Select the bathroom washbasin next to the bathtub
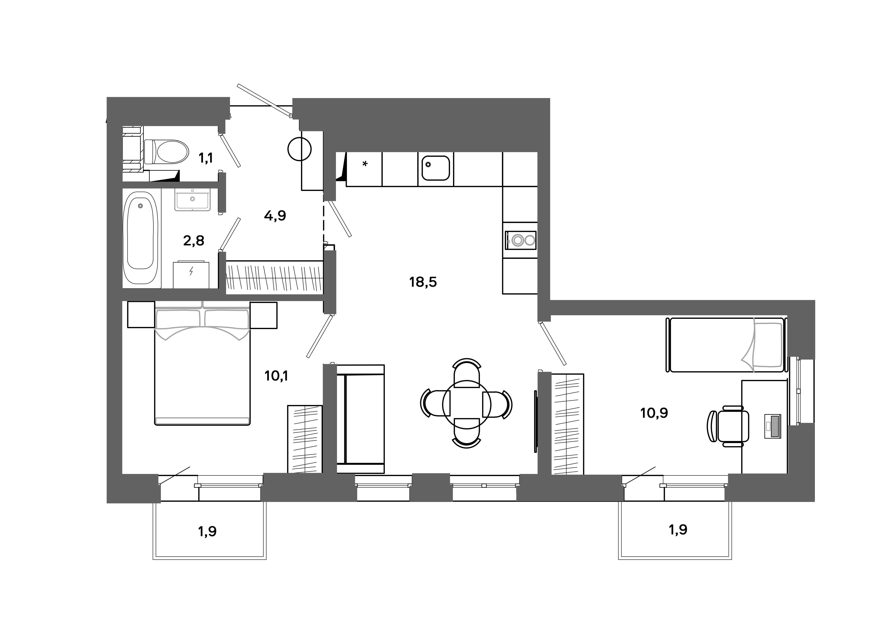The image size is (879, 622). pyautogui.click(x=192, y=199)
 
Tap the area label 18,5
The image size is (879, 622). pyautogui.click(x=423, y=282)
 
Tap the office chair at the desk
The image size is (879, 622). pyautogui.click(x=729, y=426)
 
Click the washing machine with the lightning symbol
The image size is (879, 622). pyautogui.click(x=191, y=275)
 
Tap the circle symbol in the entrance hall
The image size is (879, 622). pyautogui.click(x=299, y=149)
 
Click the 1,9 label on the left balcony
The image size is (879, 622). pyautogui.click(x=207, y=532)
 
